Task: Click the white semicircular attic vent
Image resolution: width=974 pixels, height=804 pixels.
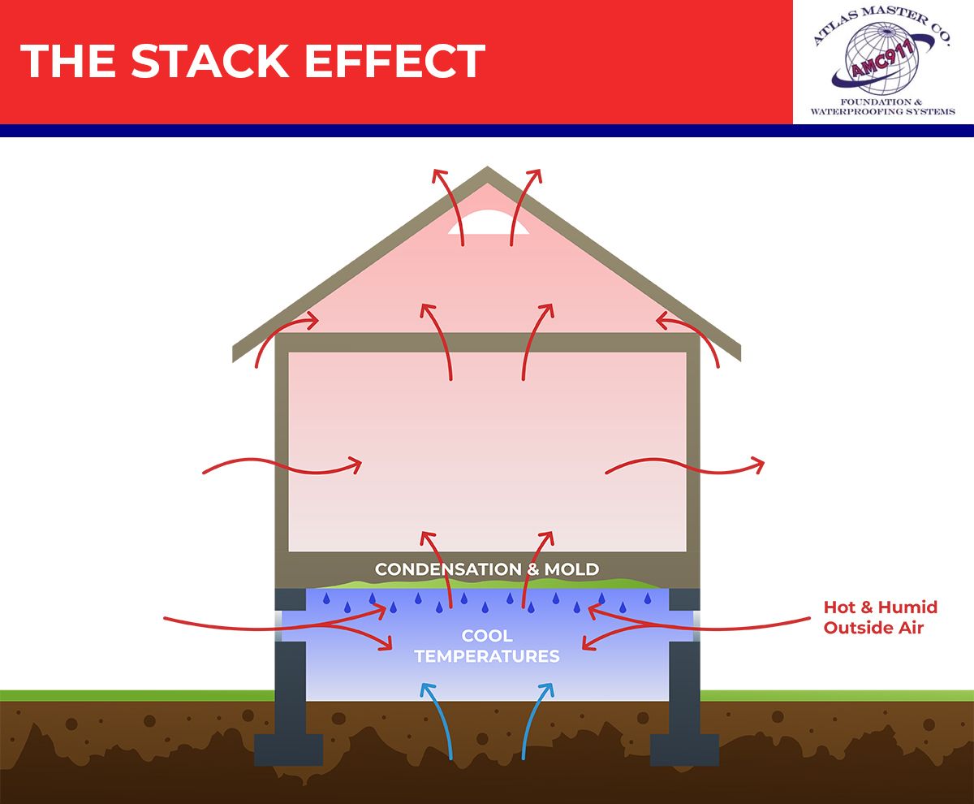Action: (487, 223)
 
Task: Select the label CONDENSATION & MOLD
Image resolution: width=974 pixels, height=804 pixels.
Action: (487, 568)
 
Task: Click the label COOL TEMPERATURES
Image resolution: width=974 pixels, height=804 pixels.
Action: (487, 646)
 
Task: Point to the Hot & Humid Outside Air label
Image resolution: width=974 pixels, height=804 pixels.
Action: (880, 617)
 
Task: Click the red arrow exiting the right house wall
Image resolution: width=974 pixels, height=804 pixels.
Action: (686, 466)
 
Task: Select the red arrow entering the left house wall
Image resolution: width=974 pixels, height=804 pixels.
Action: (280, 466)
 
